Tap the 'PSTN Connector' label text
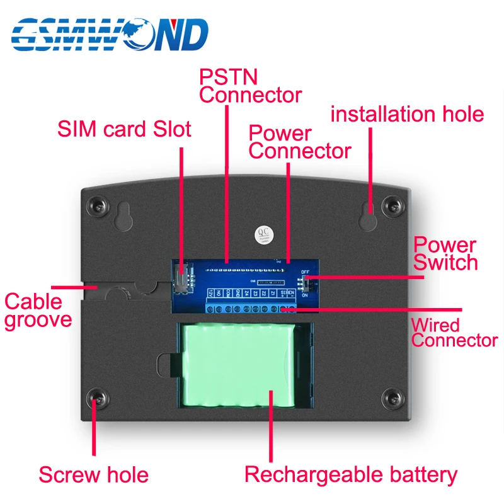tap(250, 86)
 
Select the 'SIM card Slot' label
tap(124, 129)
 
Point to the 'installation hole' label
tap(407, 114)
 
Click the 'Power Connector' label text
tap(299, 142)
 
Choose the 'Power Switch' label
tap(445, 253)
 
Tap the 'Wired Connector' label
tap(454, 333)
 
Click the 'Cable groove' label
tap(38, 310)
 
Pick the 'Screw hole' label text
tap(93, 474)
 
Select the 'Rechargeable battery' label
tap(351, 474)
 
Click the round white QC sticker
tap(260, 234)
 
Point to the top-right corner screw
tap(393, 204)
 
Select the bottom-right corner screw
tap(393, 398)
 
